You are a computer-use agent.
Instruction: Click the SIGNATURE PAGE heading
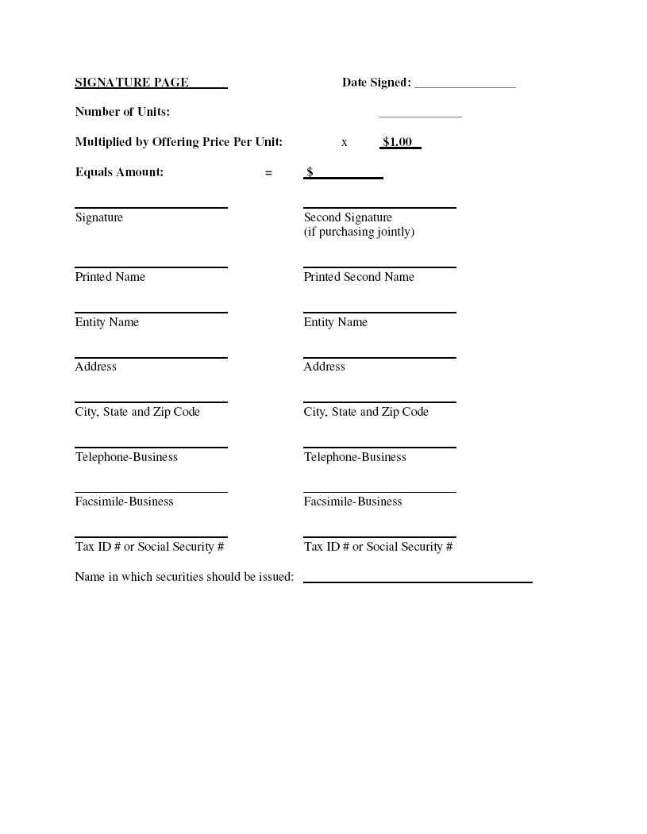click(132, 83)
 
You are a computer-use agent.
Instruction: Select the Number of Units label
click(122, 112)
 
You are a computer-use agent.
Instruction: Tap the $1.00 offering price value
click(397, 142)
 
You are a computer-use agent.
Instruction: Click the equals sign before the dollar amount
click(268, 172)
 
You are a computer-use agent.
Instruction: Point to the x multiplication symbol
click(345, 142)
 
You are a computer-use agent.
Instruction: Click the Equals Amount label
click(119, 172)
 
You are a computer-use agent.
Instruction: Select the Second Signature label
click(348, 217)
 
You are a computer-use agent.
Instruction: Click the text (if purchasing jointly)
click(359, 232)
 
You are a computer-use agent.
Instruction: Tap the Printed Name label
click(110, 277)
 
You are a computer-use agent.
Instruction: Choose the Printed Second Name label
click(359, 277)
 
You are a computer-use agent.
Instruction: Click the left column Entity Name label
click(107, 322)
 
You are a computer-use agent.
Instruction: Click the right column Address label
click(324, 367)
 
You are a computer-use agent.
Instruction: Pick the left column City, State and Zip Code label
click(137, 412)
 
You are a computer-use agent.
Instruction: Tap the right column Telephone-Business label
click(355, 457)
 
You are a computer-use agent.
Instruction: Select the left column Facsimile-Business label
click(124, 502)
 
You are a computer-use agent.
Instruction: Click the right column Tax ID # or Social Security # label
click(378, 547)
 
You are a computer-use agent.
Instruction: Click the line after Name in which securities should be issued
click(418, 581)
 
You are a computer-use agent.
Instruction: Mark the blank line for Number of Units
click(420, 116)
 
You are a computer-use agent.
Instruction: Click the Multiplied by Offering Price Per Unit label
click(179, 142)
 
